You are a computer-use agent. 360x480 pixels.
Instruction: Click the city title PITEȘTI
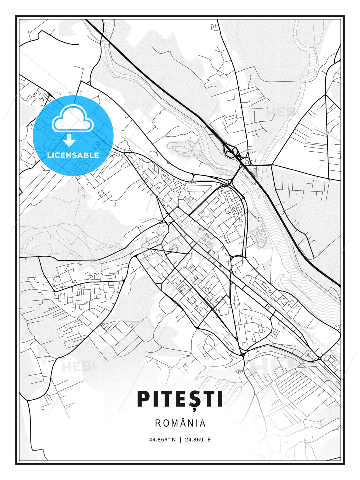[180, 399]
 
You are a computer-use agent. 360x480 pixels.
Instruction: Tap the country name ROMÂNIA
[180, 423]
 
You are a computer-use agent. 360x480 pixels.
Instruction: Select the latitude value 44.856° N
[162, 439]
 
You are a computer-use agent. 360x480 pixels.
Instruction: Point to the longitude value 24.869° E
[198, 439]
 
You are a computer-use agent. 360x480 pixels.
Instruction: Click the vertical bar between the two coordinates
[180, 439]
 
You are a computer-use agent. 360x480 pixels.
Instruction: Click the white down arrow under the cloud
[69, 140]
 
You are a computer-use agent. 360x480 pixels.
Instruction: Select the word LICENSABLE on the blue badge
[73, 155]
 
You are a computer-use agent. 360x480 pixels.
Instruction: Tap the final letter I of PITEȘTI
[219, 399]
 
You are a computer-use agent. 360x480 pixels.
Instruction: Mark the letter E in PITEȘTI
[176, 399]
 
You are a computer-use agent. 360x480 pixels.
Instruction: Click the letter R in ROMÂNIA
[158, 423]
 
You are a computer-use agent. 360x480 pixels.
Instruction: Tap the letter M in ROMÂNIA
[175, 423]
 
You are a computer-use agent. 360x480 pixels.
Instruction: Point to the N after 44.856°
[174, 439]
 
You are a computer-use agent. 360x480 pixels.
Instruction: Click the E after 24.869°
[209, 439]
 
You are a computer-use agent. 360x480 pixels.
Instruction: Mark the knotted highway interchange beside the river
[233, 152]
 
